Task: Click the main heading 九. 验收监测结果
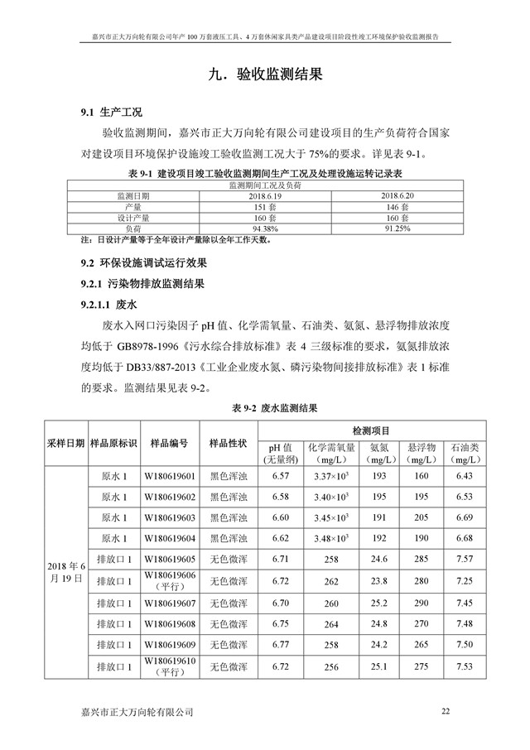pyautogui.click(x=264, y=74)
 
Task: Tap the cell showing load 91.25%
pyautogui.click(x=393, y=228)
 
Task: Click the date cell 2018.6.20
pyautogui.click(x=393, y=195)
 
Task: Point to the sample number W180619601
pyautogui.click(x=170, y=477)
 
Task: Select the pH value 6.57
pyautogui.click(x=281, y=477)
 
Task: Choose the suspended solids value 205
pyautogui.click(x=421, y=517)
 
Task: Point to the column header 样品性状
pyautogui.click(x=228, y=443)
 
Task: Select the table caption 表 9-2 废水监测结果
pyautogui.click(x=264, y=408)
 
